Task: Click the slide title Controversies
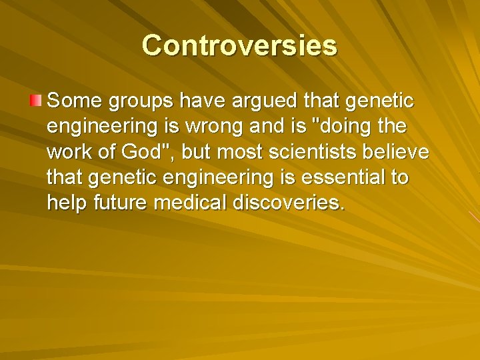click(239, 45)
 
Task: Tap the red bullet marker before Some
click(35, 101)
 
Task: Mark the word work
click(71, 153)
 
